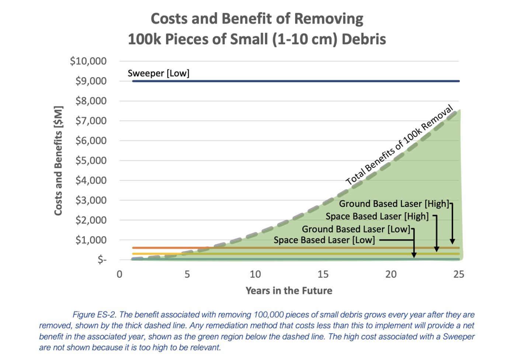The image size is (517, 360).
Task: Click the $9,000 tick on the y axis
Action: click(91, 81)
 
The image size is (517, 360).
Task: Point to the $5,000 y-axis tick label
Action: click(91, 160)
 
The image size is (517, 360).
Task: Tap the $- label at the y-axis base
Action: click(102, 260)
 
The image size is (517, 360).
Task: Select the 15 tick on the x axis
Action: click(323, 274)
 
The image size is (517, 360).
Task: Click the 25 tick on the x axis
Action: click(459, 274)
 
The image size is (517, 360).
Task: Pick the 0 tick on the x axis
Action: click(119, 274)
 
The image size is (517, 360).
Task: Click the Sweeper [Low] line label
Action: click(159, 73)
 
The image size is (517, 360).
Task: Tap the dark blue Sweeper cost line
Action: click(295, 81)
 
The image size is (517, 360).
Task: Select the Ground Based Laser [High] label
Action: click(394, 204)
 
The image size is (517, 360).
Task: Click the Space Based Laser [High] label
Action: click(377, 217)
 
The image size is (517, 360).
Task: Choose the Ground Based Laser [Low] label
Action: click(356, 229)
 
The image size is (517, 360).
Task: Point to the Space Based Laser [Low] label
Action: click(324, 240)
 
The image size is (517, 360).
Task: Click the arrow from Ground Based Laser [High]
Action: click(452, 225)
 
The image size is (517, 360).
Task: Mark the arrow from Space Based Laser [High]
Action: click(437, 234)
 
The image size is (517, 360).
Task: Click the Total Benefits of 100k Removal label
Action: click(399, 145)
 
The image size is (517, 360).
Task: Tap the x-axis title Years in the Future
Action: click(289, 291)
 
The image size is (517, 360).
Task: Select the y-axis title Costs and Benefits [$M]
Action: click(58, 160)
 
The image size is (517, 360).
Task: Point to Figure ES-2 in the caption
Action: click(94, 315)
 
